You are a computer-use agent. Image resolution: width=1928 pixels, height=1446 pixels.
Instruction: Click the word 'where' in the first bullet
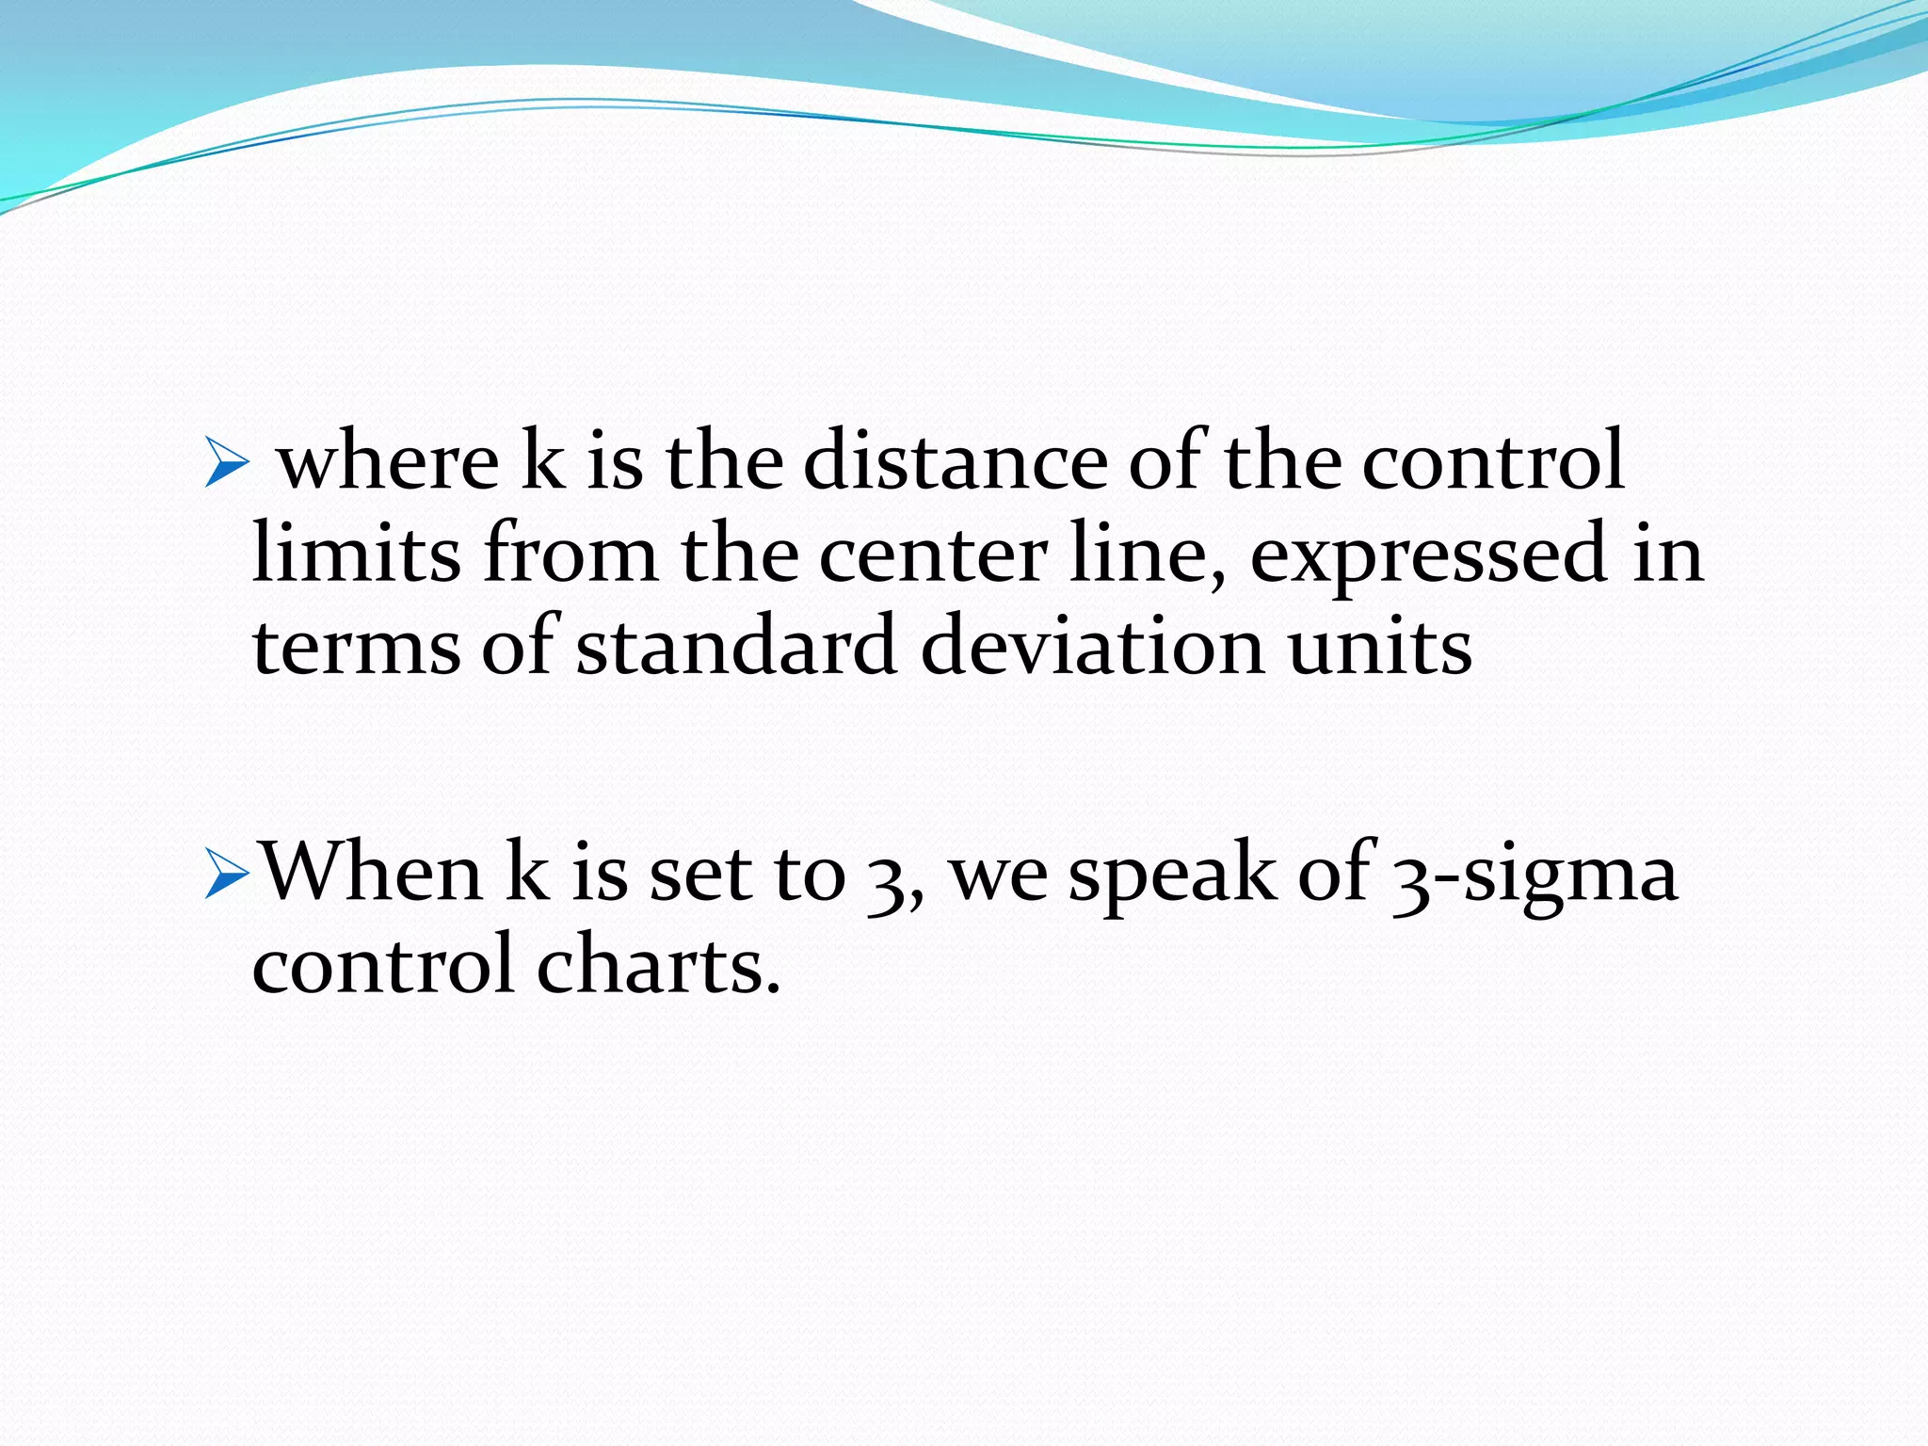pyautogui.click(x=389, y=462)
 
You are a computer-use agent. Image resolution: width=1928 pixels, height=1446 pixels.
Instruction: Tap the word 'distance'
pyautogui.click(x=955, y=460)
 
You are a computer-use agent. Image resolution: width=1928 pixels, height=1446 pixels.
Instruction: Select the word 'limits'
pyautogui.click(x=357, y=554)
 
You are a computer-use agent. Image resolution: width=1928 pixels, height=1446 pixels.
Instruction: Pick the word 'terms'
pyautogui.click(x=357, y=647)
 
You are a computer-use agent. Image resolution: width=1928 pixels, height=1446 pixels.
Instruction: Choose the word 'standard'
pyautogui.click(x=736, y=647)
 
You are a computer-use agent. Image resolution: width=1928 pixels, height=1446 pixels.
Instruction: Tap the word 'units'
pyautogui.click(x=1379, y=647)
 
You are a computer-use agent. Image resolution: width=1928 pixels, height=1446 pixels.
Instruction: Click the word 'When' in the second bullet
pyautogui.click(x=371, y=872)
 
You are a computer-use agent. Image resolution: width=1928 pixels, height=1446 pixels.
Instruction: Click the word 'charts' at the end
pyautogui.click(x=658, y=965)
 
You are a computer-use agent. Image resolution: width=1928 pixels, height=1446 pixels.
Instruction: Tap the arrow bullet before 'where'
pyautogui.click(x=226, y=464)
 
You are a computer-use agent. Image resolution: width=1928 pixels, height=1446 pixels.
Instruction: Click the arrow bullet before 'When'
pyautogui.click(x=227, y=876)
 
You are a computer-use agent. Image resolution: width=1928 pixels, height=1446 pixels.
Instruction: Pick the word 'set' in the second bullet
pyautogui.click(x=700, y=874)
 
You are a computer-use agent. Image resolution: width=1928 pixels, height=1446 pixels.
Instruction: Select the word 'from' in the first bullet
pyautogui.click(x=570, y=554)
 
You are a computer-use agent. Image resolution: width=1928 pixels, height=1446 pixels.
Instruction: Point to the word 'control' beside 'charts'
pyautogui.click(x=383, y=965)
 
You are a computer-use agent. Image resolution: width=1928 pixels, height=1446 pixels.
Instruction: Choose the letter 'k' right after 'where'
pyautogui.click(x=542, y=460)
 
